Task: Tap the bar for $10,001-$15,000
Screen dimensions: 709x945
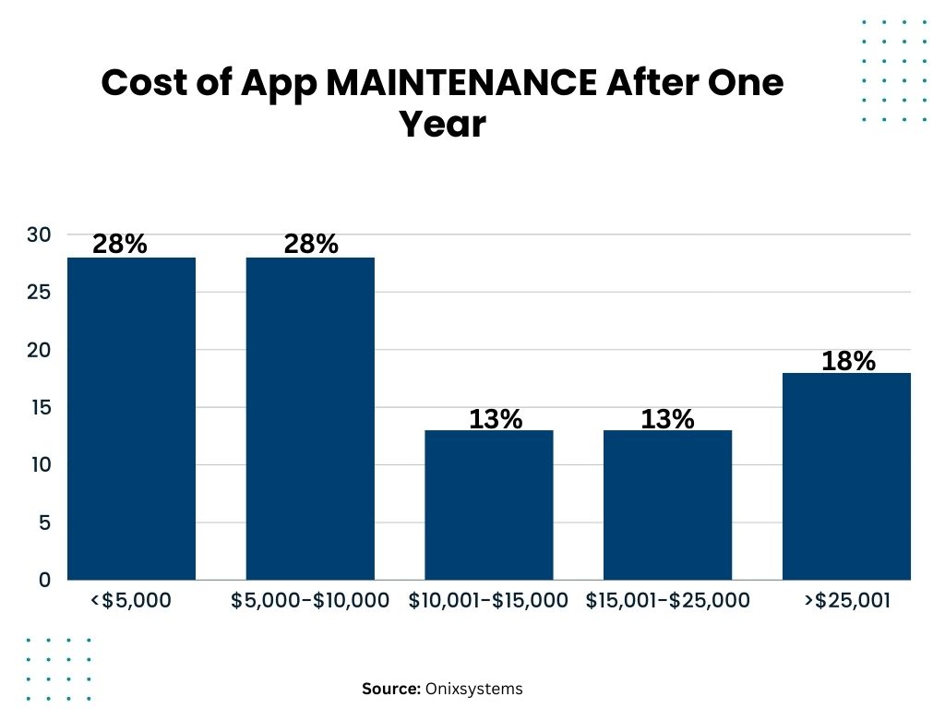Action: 488,505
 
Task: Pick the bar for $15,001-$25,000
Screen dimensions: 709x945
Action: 667,505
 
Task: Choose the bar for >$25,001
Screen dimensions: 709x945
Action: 846,476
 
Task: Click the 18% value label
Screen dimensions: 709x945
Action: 848,361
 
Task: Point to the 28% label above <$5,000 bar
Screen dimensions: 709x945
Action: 119,245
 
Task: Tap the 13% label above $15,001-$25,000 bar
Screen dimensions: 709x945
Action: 667,419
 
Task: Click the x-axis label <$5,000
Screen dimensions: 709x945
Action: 131,601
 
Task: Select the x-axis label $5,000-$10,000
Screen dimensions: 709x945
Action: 310,601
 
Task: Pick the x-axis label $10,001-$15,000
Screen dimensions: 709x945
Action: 488,601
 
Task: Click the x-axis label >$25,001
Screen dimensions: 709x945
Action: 846,601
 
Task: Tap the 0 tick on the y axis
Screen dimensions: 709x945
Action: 44,580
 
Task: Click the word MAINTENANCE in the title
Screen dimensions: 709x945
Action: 461,83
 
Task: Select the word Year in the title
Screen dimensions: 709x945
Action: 442,125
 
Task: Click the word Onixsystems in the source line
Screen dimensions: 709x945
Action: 473,689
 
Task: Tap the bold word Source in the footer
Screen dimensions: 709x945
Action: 390,689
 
